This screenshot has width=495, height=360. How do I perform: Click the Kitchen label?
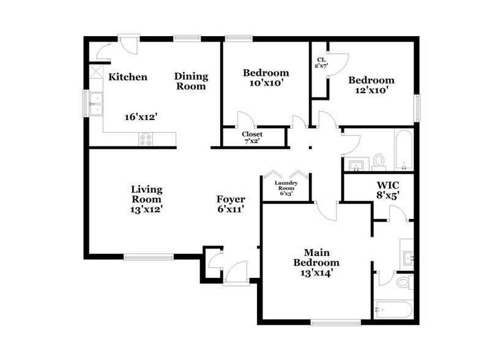click(128, 77)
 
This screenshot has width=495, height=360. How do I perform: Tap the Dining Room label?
click(191, 81)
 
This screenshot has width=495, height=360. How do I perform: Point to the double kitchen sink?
click(95, 103)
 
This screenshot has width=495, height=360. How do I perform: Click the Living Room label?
click(147, 199)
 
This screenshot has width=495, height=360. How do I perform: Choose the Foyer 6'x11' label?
click(231, 204)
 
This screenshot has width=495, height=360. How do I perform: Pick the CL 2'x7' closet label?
click(320, 62)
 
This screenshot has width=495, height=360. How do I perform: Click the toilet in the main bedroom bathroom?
click(403, 282)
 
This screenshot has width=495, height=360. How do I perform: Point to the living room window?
click(148, 257)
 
